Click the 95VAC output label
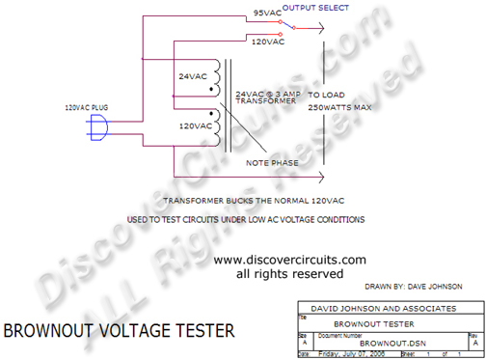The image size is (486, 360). [268, 13]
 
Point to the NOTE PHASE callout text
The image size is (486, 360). [271, 162]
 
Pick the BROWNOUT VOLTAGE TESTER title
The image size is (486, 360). [119, 331]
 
